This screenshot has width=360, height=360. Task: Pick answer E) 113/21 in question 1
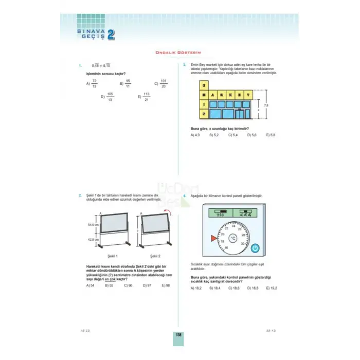coord(145,97)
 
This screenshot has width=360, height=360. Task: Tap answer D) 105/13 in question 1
coord(107,97)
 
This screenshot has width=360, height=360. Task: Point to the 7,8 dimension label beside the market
coord(266,105)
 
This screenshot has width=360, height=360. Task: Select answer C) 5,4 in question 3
coord(232,135)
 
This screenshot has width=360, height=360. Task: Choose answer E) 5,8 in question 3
coord(271,135)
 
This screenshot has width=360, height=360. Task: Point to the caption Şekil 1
coord(110,256)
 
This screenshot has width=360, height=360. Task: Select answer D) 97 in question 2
coord(147,284)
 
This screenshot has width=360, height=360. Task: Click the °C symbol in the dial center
coord(232,238)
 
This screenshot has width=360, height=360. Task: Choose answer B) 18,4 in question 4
coord(214,289)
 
